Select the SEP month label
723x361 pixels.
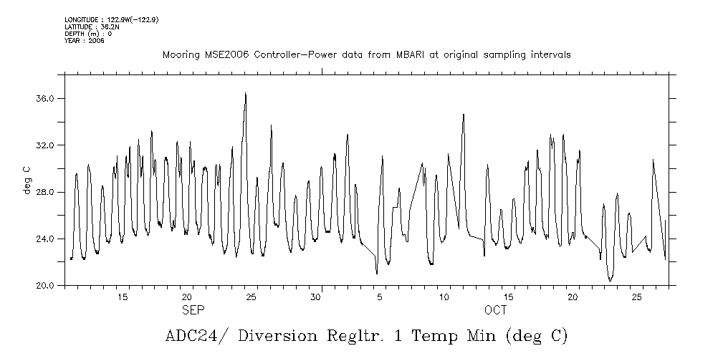(x=193, y=310)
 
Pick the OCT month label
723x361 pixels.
(x=495, y=310)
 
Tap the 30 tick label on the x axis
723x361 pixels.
(x=315, y=297)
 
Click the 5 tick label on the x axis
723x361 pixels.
(x=380, y=297)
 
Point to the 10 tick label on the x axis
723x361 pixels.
(x=444, y=297)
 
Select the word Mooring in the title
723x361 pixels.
(x=180, y=55)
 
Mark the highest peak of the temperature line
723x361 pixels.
(x=245, y=93)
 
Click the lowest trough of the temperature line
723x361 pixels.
(x=610, y=280)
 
